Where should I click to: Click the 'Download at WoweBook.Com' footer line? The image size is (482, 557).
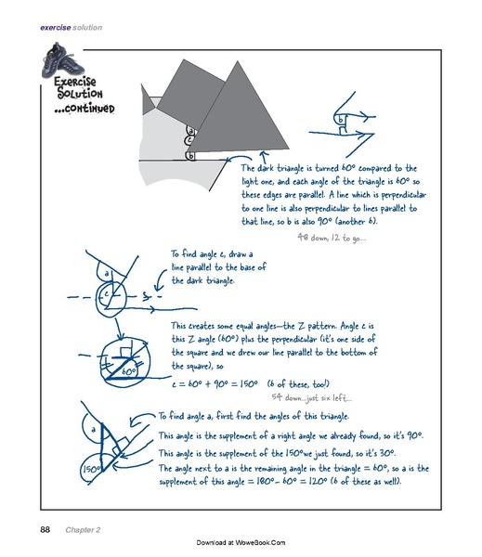(x=241, y=542)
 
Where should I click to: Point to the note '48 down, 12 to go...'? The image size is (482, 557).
(x=332, y=238)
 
